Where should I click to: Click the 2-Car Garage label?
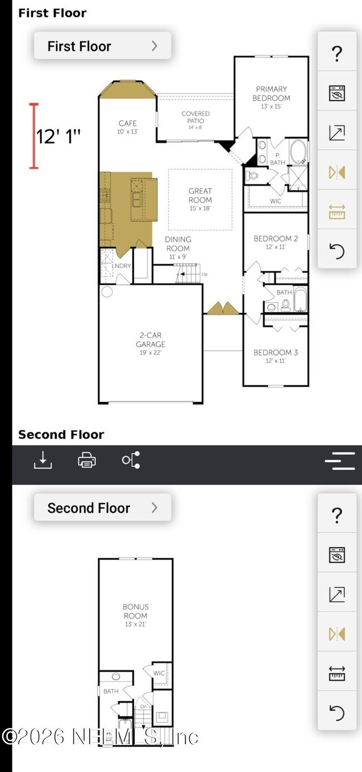pyautogui.click(x=151, y=340)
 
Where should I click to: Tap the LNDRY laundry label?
pyautogui.click(x=121, y=266)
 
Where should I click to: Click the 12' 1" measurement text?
pyautogui.click(x=58, y=136)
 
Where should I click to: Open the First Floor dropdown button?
pyautogui.click(x=102, y=46)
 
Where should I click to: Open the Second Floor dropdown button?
pyautogui.click(x=102, y=508)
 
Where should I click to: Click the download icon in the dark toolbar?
pyautogui.click(x=43, y=460)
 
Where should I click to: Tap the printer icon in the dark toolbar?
pyautogui.click(x=87, y=460)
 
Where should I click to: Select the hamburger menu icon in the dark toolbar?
pyautogui.click(x=340, y=461)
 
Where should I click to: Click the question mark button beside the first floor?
pyautogui.click(x=337, y=54)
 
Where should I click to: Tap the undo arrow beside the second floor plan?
pyautogui.click(x=337, y=712)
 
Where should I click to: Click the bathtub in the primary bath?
pyautogui.click(x=299, y=151)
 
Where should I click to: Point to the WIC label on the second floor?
pyautogui.click(x=159, y=673)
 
